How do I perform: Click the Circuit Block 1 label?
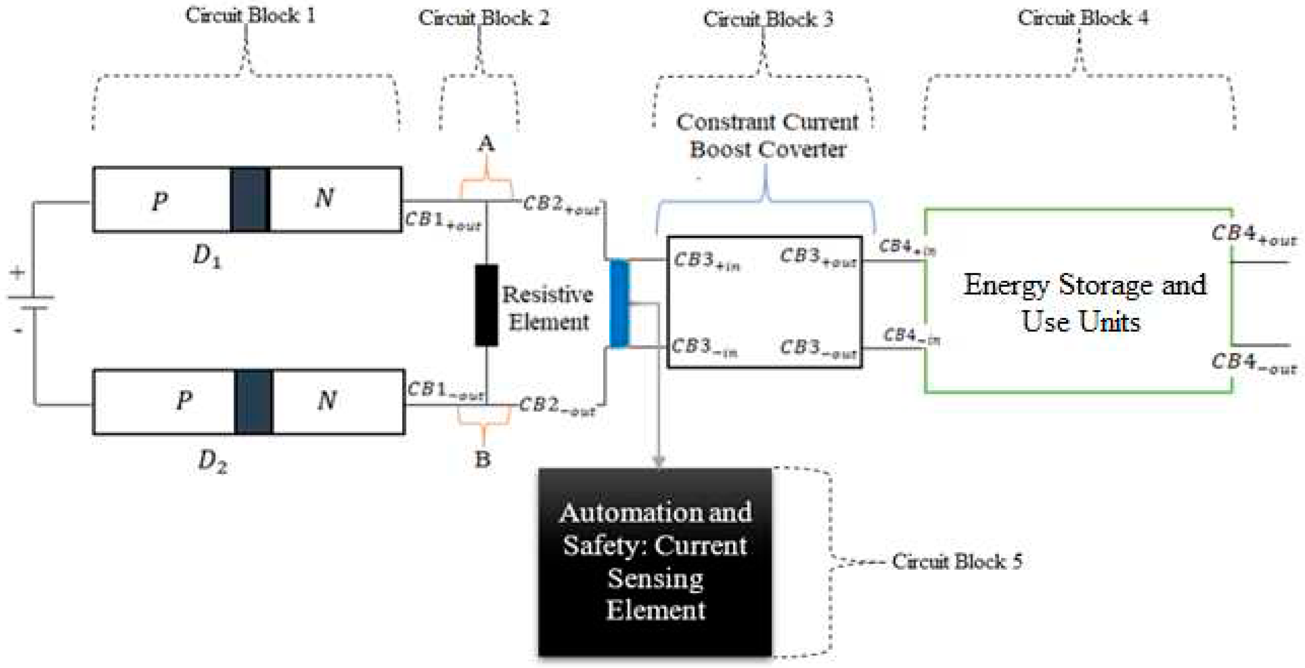coord(250,15)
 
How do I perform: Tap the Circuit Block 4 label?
coord(1083,18)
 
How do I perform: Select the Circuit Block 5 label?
coord(957,561)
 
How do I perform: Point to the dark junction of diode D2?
coord(253,402)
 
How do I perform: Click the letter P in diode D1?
coord(160,202)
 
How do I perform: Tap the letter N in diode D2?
coord(327,400)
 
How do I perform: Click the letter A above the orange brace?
coord(486,144)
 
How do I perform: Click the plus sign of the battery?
coord(17,273)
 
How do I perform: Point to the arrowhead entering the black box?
coord(658,461)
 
